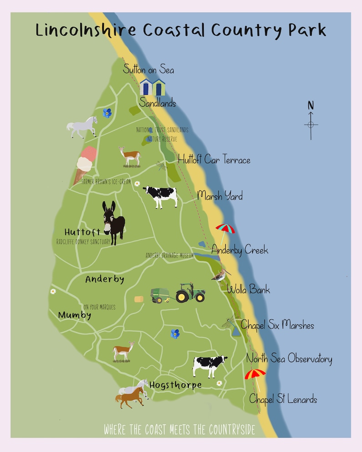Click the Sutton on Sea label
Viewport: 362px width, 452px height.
[148, 70]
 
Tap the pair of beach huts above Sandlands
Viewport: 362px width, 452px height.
[152, 87]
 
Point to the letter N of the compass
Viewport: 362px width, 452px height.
[311, 105]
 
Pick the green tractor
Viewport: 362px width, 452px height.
[191, 293]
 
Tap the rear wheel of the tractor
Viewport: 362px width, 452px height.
[182, 297]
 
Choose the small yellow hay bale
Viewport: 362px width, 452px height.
[139, 299]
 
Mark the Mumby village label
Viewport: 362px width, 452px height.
[75, 315]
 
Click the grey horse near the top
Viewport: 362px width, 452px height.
[83, 126]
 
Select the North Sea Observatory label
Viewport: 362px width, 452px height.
[289, 359]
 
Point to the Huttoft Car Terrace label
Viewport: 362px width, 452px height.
[214, 160]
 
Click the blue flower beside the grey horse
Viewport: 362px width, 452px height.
[107, 113]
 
